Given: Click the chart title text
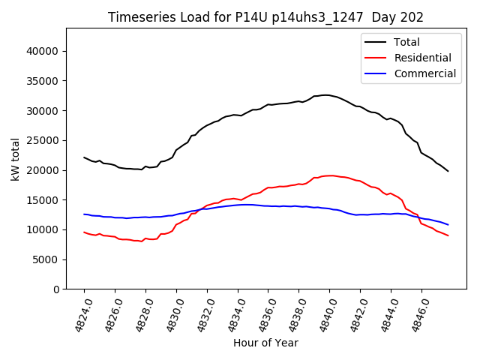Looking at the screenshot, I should point(265,17).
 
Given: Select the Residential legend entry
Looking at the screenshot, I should point(422,58).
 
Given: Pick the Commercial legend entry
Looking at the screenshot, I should point(424,73).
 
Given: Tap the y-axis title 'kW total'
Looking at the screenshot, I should point(16,158).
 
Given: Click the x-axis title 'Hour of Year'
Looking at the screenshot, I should point(265,343).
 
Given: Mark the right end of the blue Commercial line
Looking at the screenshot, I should point(448,224).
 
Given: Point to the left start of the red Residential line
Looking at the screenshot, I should point(84,232).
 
